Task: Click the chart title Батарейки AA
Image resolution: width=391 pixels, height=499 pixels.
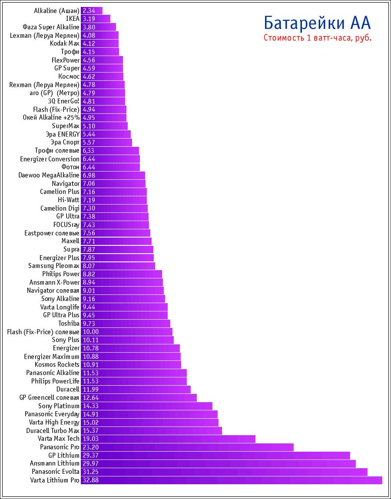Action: click(x=317, y=23)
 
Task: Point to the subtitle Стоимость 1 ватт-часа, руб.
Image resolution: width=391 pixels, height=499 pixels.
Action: click(x=317, y=38)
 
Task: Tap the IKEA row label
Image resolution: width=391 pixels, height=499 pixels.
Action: click(x=73, y=19)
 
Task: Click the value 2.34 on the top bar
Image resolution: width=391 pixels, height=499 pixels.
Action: click(x=89, y=10)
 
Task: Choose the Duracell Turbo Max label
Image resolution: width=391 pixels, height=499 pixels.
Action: click(x=53, y=431)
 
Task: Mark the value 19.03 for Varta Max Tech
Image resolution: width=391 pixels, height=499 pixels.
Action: click(x=91, y=439)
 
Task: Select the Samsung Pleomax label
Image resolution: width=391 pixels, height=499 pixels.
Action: click(x=54, y=266)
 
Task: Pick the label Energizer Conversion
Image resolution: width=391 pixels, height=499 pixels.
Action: click(x=50, y=159)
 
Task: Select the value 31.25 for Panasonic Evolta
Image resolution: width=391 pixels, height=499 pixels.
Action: click(x=91, y=472)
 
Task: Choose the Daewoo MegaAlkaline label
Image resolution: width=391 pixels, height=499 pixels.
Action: click(x=49, y=175)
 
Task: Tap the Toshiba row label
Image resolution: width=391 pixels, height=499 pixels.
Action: click(x=69, y=324)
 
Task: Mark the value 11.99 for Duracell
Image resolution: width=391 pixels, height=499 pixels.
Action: click(x=91, y=390)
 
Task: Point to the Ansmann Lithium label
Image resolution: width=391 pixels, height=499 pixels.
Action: click(x=55, y=464)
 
